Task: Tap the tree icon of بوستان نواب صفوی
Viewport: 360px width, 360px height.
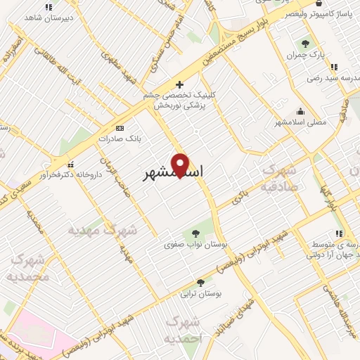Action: (195, 233)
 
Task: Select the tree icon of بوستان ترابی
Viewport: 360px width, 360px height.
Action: (201, 283)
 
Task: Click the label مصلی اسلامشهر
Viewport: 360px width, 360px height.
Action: (300, 122)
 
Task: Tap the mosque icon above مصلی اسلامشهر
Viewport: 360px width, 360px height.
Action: (301, 111)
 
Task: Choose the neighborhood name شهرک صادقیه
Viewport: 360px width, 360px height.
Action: (279, 179)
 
